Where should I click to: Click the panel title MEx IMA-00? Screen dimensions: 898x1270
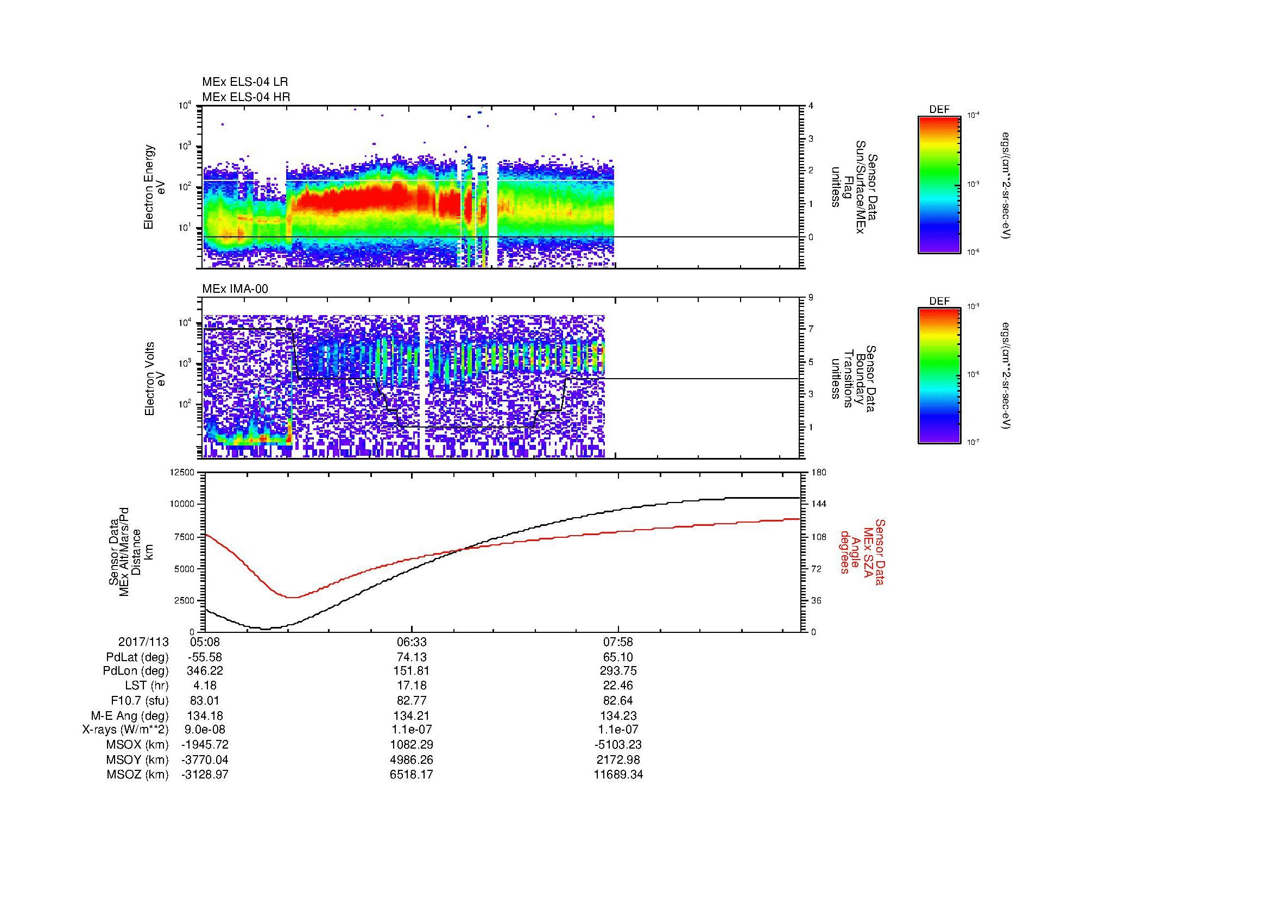pos(235,289)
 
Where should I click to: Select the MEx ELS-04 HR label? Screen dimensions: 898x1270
pos(246,97)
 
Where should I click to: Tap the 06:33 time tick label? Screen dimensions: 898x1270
pos(412,642)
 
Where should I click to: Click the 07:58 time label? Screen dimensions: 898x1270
pos(618,642)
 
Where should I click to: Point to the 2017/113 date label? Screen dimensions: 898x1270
pos(143,642)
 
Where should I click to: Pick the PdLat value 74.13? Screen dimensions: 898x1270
pos(412,657)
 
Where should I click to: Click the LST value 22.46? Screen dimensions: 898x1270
pos(618,686)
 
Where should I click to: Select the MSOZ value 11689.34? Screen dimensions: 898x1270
pos(618,775)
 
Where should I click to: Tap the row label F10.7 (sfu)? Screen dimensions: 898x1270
pos(140,700)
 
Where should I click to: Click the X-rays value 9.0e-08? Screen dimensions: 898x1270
pos(205,730)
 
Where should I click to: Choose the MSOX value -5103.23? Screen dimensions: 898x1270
pos(618,745)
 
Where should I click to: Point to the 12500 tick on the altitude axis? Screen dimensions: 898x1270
pos(182,472)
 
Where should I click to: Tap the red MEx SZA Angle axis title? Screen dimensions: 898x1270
pos(862,552)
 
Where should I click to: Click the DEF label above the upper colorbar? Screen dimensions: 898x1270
pos(939,110)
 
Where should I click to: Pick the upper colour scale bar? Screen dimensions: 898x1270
pos(939,185)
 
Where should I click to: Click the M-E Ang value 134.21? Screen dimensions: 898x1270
pos(412,715)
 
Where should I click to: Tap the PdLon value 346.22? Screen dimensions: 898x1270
pos(205,671)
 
